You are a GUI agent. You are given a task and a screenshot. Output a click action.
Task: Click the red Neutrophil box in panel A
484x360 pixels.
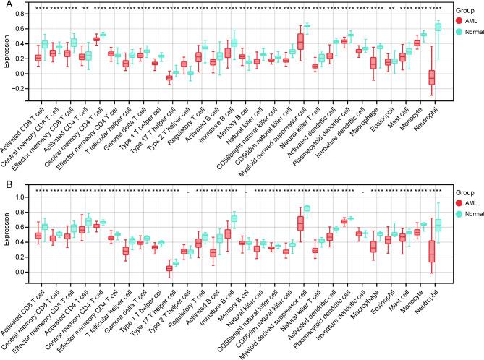411,77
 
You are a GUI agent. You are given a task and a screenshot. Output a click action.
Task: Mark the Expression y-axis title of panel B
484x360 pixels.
7,236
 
